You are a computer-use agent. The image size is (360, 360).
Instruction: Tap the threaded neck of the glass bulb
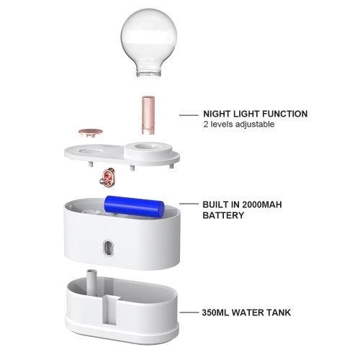coord(149,73)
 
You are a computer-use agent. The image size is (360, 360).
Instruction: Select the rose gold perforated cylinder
coord(148,115)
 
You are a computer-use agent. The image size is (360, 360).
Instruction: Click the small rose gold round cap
coord(91,132)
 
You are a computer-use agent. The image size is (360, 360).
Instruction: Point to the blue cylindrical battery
coord(134,207)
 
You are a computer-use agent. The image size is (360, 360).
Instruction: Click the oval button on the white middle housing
coord(108,248)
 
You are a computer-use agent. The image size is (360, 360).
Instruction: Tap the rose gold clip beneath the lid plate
coord(107,177)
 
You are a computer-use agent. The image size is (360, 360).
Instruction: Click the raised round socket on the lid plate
coord(148,149)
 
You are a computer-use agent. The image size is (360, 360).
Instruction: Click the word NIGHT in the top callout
coord(217,114)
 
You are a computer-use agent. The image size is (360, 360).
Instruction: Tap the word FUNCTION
coord(284,114)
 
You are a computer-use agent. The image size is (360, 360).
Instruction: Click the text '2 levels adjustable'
coord(239,125)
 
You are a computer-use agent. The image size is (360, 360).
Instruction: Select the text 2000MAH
coord(262,204)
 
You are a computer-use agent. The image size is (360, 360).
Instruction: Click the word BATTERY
coord(223,215)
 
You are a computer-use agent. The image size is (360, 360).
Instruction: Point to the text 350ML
coord(215,312)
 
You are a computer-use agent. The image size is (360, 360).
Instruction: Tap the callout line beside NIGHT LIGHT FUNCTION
coord(189,115)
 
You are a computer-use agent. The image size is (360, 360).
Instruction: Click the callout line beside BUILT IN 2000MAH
coord(189,204)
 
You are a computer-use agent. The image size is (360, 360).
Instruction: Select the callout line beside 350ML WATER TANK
coord(189,312)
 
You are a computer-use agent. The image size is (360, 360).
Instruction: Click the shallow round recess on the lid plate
coord(89,151)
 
